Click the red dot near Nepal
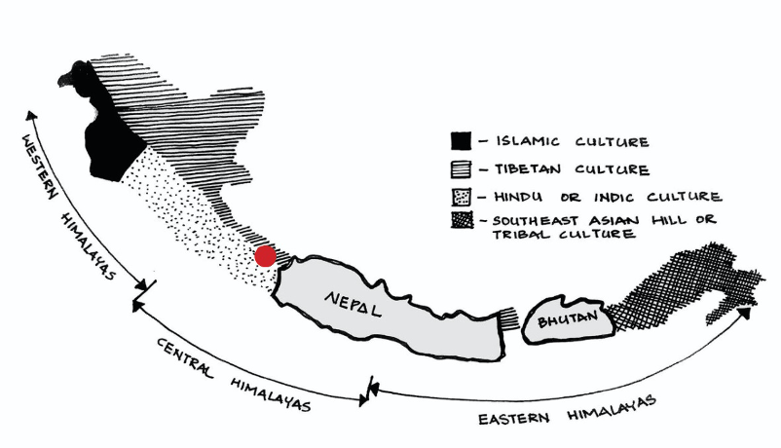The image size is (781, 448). point(265,257)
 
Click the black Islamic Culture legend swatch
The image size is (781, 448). point(462,143)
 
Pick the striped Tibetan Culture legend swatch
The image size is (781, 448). point(462,169)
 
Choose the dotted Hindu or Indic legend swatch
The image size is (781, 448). point(462,196)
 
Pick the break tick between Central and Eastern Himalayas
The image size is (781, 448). point(371,390)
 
